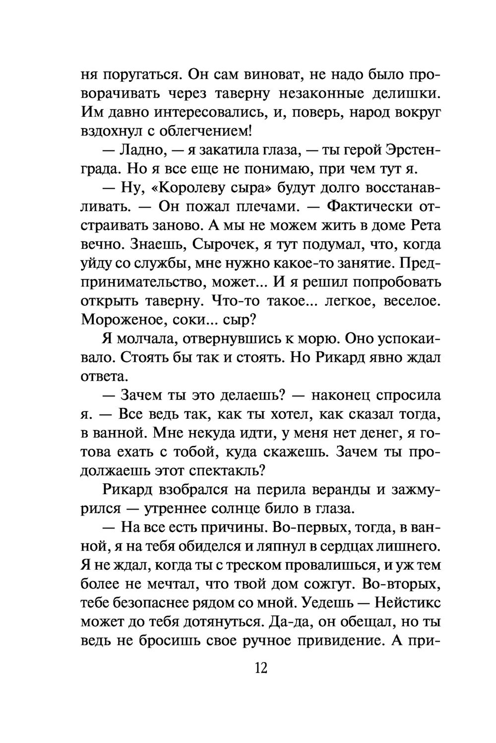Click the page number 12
[261, 668]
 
